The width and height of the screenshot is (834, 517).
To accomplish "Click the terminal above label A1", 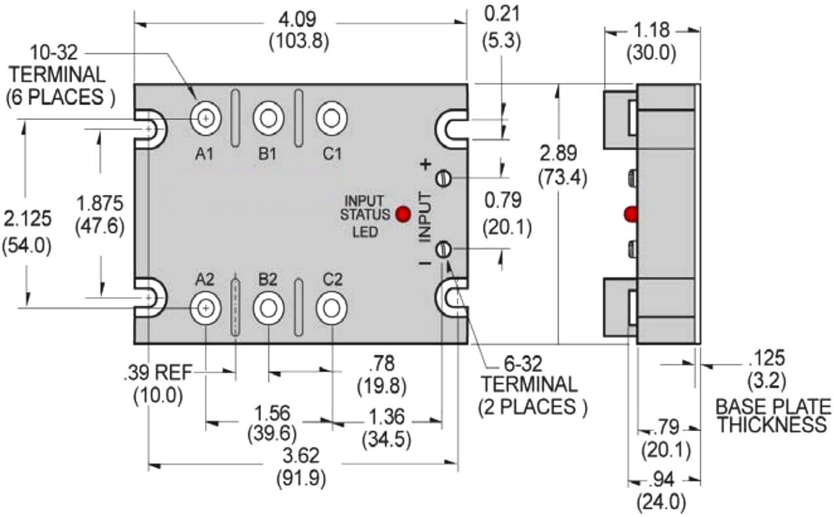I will click(x=206, y=118).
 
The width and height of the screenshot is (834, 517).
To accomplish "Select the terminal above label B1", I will click(x=268, y=118).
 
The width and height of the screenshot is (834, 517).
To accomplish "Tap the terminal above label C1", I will click(x=331, y=118).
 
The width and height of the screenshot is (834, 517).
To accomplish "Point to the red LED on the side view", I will click(x=631, y=213).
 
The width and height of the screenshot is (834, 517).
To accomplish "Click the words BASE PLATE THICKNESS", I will click(x=771, y=415).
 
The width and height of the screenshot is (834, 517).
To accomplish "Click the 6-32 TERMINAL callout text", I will click(x=529, y=384).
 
